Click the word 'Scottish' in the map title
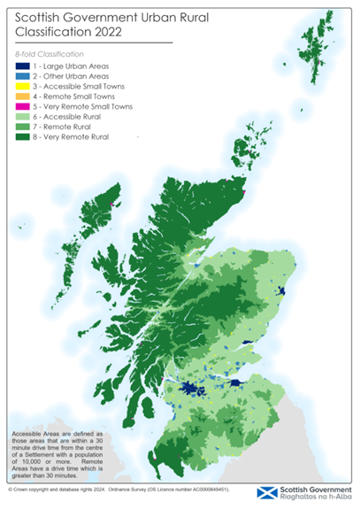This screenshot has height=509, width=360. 42,15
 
